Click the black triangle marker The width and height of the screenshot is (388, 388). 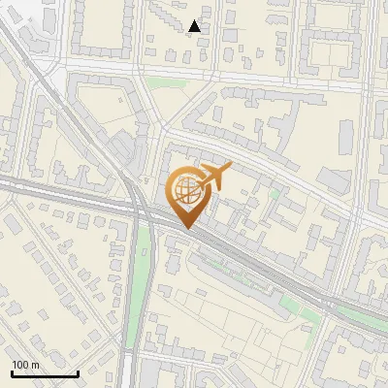pyautogui.click(x=195, y=26)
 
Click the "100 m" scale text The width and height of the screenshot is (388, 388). pyautogui.click(x=25, y=364)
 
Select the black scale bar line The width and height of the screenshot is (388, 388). pyautogui.click(x=45, y=373)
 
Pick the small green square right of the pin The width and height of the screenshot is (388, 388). pyautogui.click(x=275, y=193)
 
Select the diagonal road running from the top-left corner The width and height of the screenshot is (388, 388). pyautogui.click(x=58, y=97)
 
